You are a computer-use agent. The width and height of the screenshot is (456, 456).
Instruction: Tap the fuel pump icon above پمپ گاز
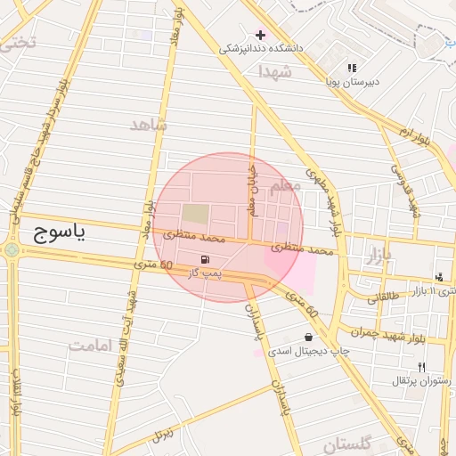point(207,259)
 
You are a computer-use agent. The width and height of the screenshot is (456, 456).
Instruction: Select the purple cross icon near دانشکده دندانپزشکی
point(260,34)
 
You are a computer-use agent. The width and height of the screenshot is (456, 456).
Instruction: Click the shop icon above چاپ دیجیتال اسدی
point(308,338)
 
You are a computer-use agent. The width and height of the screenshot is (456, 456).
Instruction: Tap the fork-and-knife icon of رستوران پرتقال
point(421,367)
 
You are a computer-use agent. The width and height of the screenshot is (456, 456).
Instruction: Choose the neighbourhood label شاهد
point(148,124)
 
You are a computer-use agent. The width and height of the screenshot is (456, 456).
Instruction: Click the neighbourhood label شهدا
point(273,71)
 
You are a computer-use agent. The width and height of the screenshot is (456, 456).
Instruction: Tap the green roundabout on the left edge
point(11,250)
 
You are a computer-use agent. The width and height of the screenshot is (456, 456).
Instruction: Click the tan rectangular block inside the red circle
point(196,214)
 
